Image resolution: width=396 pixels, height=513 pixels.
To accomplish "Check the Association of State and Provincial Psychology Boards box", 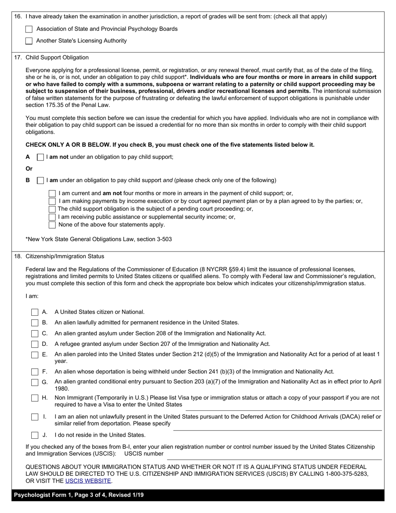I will (x=29, y=29).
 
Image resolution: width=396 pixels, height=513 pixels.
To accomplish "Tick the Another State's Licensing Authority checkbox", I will (x=29, y=41).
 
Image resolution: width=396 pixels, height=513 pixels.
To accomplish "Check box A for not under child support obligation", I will (x=40, y=157).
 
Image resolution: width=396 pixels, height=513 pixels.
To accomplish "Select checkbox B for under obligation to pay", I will (x=40, y=181).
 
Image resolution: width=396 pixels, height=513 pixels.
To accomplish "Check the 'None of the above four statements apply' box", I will (x=52, y=225).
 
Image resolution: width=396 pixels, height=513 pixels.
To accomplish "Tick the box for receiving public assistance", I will (x=52, y=217).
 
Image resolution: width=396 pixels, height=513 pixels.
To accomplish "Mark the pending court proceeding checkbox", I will (x=52, y=209).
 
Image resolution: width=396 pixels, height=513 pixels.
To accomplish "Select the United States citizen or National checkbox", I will (x=35, y=312).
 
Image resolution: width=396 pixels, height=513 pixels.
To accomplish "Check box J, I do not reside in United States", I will (x=35, y=435).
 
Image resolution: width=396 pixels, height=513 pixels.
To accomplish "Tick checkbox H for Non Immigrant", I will (x=35, y=398).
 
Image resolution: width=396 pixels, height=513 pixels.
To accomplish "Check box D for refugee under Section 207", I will (x=35, y=344).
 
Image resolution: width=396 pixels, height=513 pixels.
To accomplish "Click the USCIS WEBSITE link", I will (x=88, y=481).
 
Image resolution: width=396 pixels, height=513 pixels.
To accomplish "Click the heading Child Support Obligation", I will (x=57, y=58).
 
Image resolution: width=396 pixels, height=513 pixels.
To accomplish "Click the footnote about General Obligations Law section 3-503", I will (x=99, y=239).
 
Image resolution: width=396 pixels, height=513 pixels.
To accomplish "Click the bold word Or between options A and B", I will (x=29, y=169).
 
